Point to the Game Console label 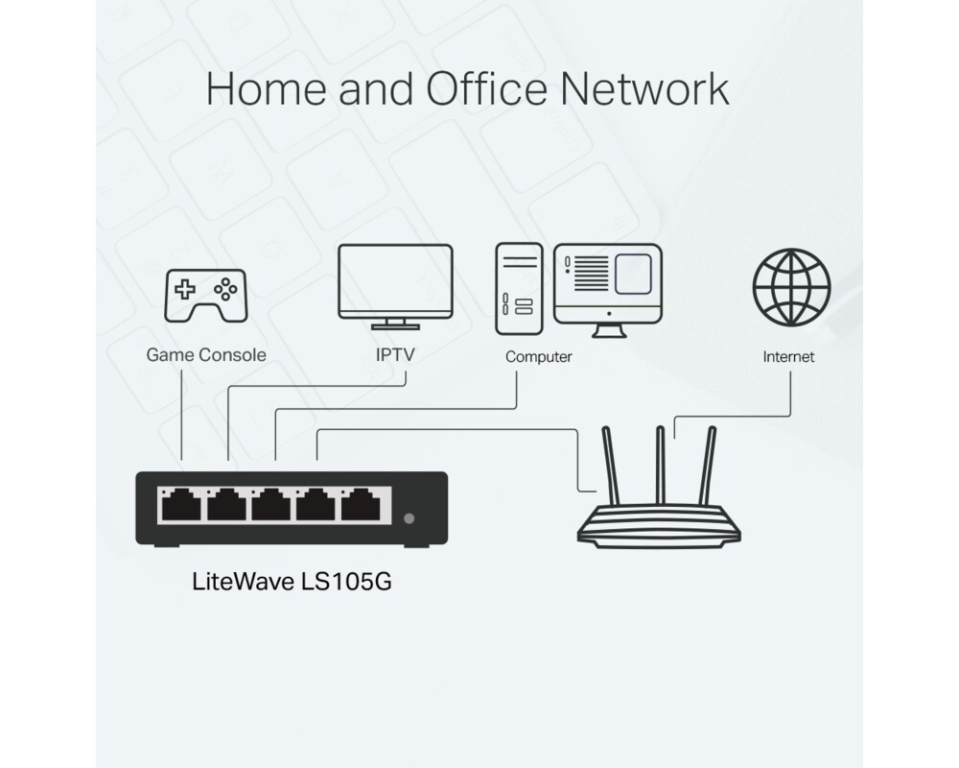[205, 355]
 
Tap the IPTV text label [395, 355]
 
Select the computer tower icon [519, 289]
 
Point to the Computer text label [538, 357]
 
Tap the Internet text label [788, 357]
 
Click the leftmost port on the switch [181, 504]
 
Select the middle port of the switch [273, 504]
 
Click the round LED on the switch [409, 518]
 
